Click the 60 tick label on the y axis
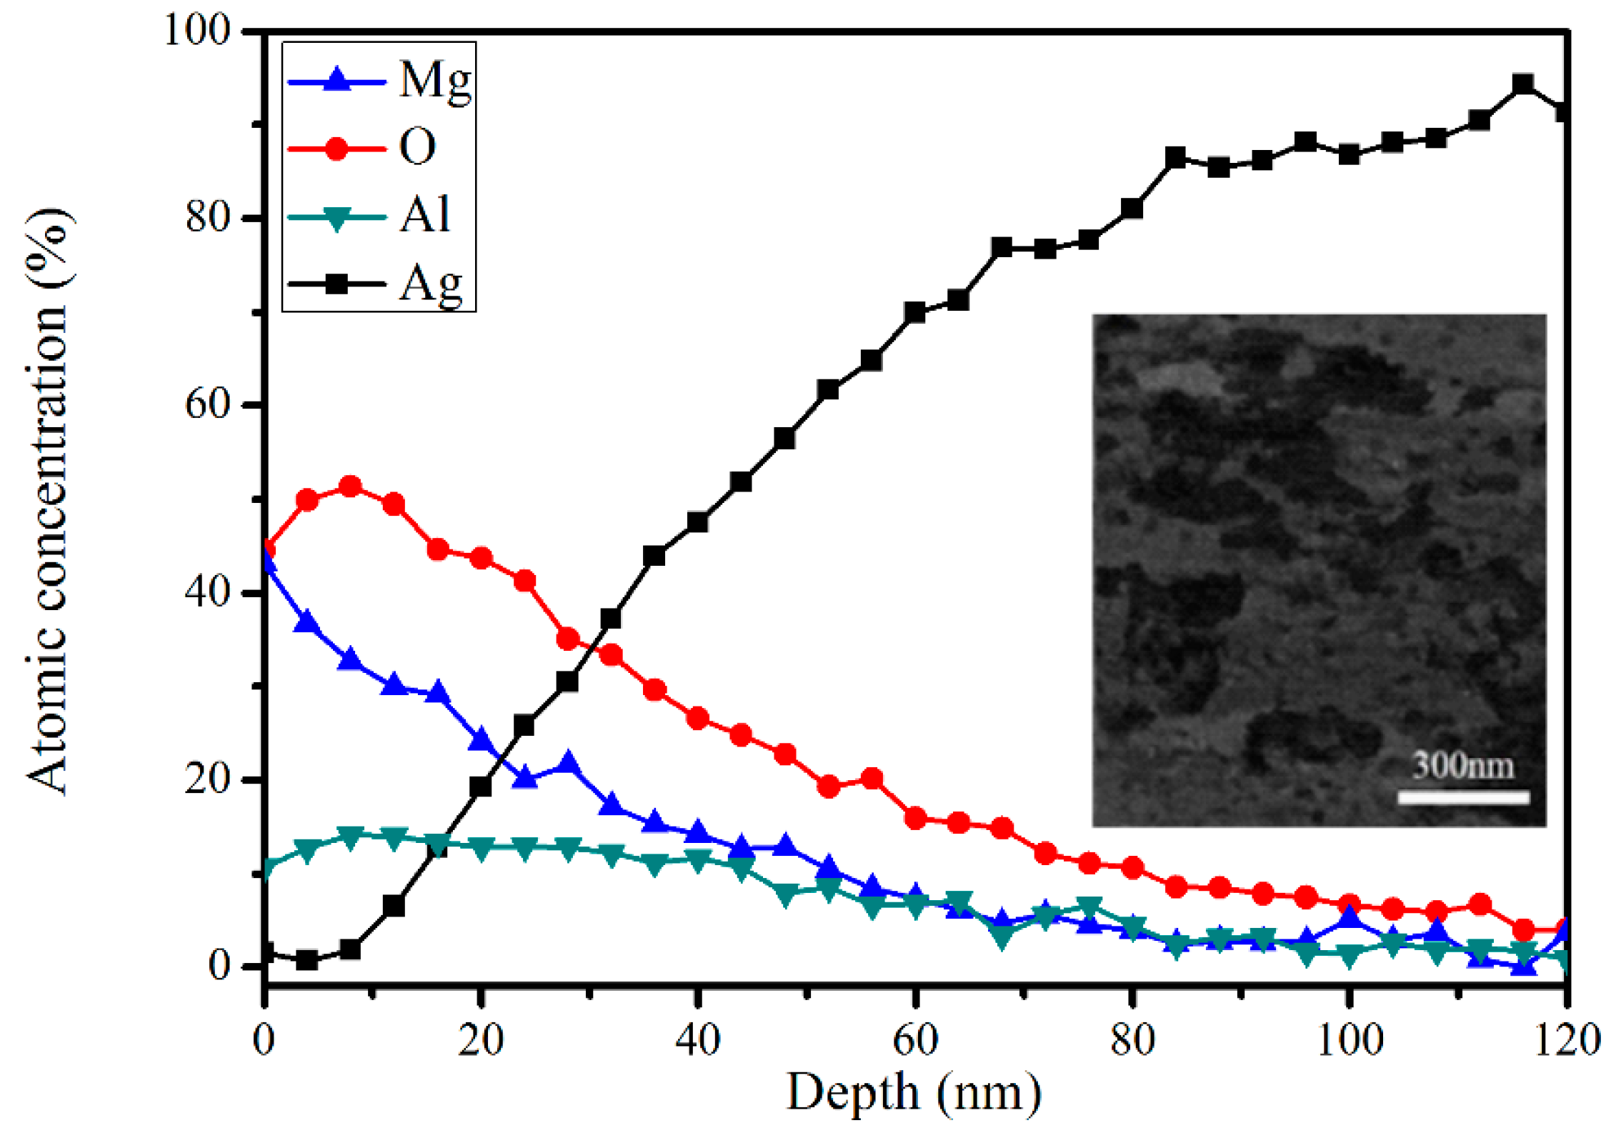[x=207, y=404]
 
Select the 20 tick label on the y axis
[x=207, y=778]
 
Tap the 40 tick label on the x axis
[x=697, y=1040]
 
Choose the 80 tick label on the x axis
[x=1132, y=1040]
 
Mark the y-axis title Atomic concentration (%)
[x=49, y=500]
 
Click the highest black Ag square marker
[x=1522, y=85]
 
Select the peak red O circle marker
[x=350, y=487]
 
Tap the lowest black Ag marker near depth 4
[x=307, y=960]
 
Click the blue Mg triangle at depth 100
[x=1349, y=915]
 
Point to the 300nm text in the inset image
[x=1462, y=766]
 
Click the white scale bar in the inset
[x=1462, y=797]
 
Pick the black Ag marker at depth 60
[x=914, y=312]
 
